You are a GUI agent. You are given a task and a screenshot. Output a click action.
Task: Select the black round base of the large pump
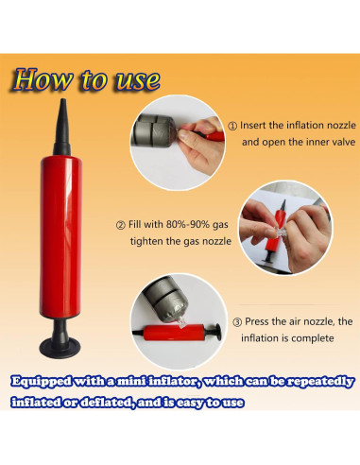60,347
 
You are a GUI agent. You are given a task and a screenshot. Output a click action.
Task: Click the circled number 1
232,126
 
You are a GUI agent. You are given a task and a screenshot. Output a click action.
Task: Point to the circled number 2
121,226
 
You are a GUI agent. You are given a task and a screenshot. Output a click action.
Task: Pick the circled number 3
237,322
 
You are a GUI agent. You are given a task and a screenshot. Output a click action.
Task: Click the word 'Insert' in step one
253,125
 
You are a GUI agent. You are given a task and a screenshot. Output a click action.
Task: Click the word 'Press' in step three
257,321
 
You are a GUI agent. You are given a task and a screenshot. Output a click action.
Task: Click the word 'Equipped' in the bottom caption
41,382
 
